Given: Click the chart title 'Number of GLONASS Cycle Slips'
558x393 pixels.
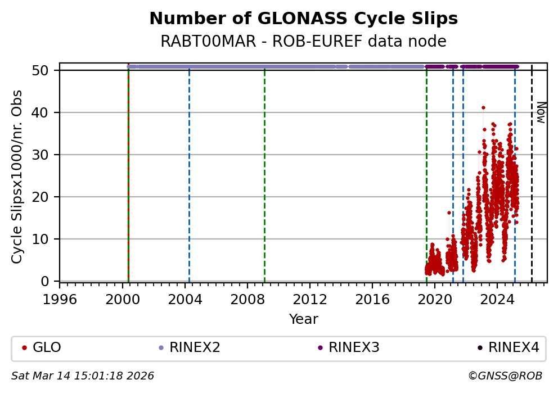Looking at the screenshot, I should click(x=303, y=19).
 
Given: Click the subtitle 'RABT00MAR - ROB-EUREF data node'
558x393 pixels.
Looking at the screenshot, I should click(x=303, y=42).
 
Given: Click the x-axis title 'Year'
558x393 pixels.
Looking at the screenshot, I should click(x=303, y=319).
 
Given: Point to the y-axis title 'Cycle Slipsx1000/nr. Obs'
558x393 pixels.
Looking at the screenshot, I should click(x=17, y=177).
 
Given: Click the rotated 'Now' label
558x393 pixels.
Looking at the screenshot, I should click(x=541, y=112).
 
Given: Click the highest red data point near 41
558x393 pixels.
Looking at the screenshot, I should click(x=483, y=107).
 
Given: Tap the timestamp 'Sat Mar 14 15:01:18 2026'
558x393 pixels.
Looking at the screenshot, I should click(x=83, y=376).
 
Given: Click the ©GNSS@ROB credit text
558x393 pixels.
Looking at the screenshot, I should click(x=505, y=376).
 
